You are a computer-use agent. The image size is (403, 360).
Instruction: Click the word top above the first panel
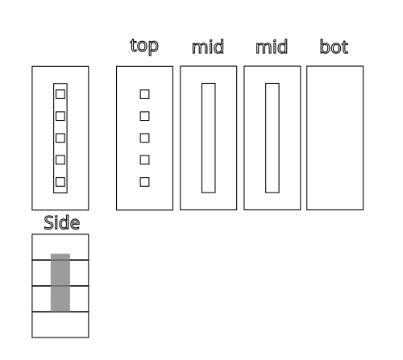pos(144,47)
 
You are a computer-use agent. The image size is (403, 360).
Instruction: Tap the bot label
pos(334,47)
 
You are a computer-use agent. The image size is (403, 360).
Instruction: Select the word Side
pos(62,222)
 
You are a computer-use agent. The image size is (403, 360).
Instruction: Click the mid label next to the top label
pos(208,47)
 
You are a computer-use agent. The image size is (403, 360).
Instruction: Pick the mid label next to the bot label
pos(272,47)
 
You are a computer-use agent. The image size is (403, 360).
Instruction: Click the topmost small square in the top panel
pos(144,94)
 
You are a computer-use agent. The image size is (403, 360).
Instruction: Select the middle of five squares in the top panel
pos(144,138)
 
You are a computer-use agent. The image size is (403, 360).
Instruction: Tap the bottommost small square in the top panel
pos(144,182)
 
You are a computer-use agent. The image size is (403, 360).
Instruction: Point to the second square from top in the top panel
pos(144,116)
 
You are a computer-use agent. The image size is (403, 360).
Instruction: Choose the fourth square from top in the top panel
pos(144,159)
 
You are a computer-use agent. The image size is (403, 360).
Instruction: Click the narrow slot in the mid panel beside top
pos(209,138)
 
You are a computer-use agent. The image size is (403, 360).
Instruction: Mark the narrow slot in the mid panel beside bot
pos(272,138)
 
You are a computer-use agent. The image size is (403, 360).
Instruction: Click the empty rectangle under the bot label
pos(335,138)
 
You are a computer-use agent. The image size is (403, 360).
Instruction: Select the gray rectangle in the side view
pos(60,283)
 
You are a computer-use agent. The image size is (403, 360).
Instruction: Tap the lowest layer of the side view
pos(60,325)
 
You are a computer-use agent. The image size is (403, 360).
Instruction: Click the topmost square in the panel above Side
pos(60,94)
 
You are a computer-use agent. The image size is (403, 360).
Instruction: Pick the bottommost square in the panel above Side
pos(60,182)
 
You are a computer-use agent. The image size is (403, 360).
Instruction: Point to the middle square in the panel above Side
pos(60,138)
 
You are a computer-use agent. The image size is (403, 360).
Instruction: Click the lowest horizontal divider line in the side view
pos(60,312)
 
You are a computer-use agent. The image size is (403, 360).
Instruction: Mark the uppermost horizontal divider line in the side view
pos(60,260)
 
